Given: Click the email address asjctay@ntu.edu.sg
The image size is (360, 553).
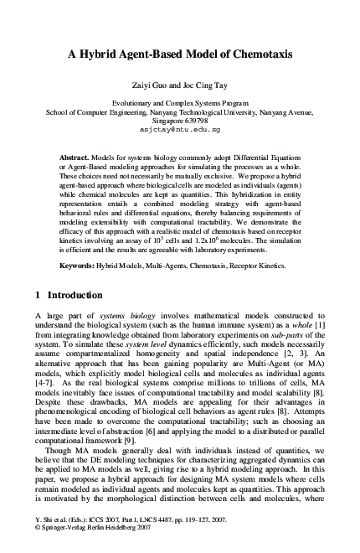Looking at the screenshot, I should (x=179, y=131).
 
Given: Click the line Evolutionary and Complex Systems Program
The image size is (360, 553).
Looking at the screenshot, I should (x=179, y=101).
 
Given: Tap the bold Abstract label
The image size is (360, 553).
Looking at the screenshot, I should (x=76, y=158).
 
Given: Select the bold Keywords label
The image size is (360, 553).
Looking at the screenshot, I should (x=80, y=265).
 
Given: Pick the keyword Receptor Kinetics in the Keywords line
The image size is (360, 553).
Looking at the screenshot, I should (x=250, y=265).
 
